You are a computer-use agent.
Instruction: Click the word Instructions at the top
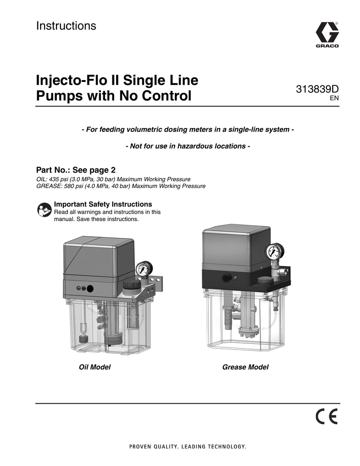click(66, 26)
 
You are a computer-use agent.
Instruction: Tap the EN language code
click(335, 98)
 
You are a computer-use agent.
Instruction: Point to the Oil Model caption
click(95, 367)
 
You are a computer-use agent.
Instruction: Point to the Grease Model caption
click(245, 367)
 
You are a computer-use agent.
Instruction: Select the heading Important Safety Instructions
click(103, 204)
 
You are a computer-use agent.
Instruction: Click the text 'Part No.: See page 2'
click(76, 170)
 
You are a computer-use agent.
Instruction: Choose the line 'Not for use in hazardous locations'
click(187, 147)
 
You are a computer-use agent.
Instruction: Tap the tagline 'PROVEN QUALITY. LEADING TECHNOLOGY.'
click(187, 446)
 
